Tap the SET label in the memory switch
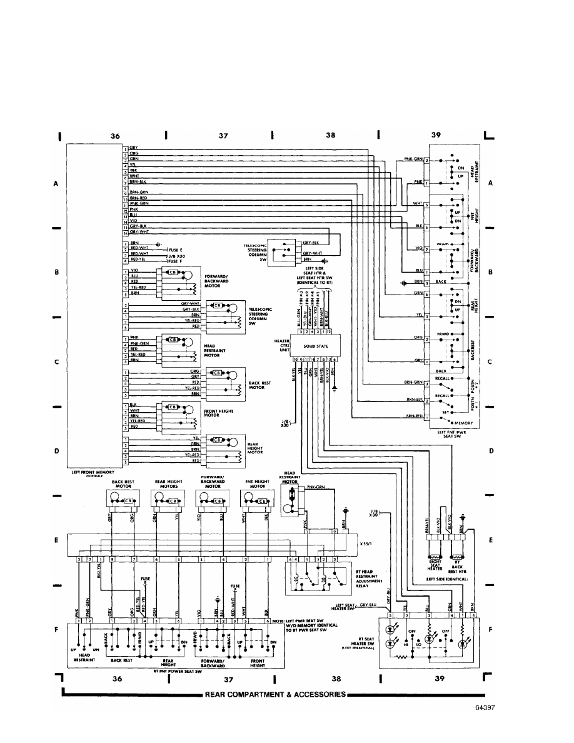pos(443,413)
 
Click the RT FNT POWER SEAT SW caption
pos(172,670)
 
